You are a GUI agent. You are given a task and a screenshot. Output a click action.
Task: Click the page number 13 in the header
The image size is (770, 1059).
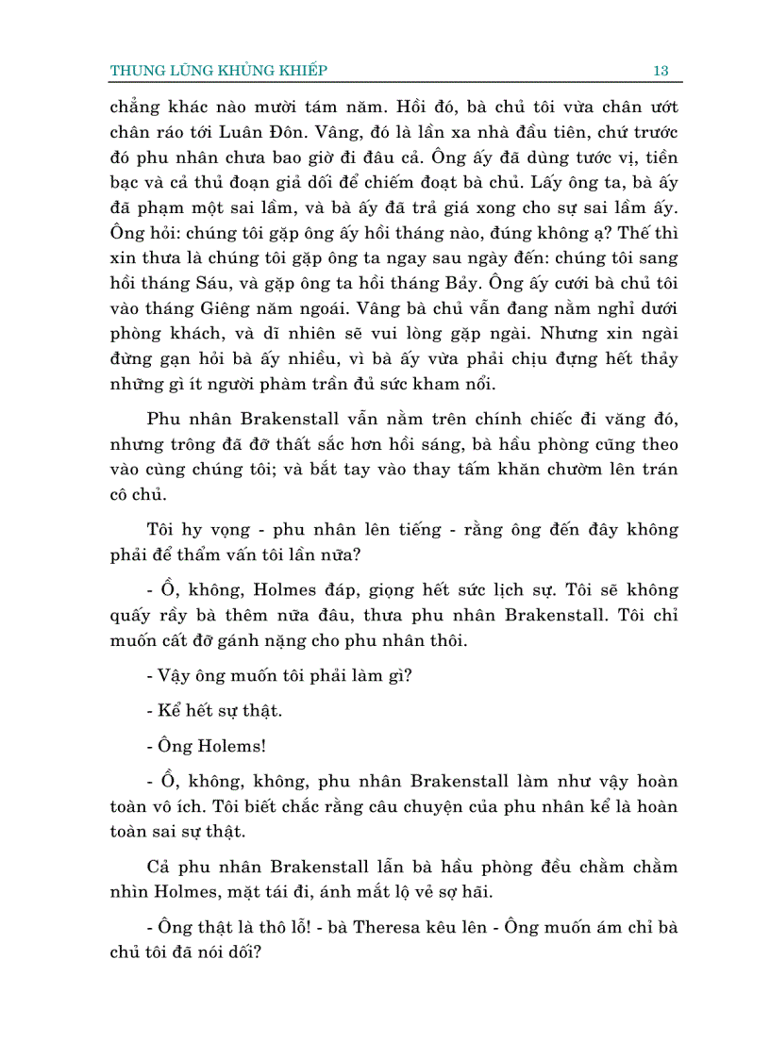click(x=661, y=70)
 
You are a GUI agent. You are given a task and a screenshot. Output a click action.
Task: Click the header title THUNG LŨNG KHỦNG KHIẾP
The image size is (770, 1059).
click(x=219, y=70)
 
